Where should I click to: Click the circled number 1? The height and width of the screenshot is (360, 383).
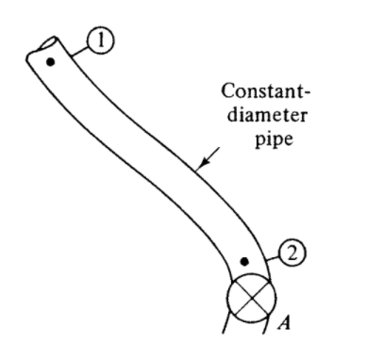(102, 39)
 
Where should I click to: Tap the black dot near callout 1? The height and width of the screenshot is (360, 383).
(51, 62)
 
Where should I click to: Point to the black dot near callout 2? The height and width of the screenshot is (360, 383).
(244, 258)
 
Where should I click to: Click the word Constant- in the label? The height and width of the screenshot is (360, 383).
(258, 93)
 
